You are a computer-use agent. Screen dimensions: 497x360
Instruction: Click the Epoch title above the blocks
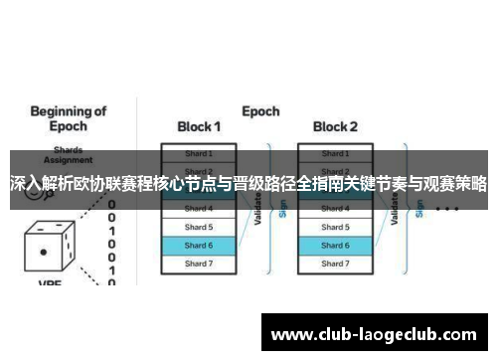coord(261,110)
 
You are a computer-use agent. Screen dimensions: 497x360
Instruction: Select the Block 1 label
coord(199,127)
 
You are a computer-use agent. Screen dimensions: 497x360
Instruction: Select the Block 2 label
coord(335,127)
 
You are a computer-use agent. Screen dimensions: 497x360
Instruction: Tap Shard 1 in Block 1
coord(199,153)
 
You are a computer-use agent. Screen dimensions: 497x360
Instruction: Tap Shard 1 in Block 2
coord(335,153)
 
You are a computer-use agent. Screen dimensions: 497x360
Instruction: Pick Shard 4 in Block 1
coord(199,209)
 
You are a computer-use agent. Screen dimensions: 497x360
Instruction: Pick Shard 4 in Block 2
coord(335,209)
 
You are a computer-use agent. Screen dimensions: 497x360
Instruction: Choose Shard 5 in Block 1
coord(199,227)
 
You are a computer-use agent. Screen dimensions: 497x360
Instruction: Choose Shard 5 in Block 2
coord(335,227)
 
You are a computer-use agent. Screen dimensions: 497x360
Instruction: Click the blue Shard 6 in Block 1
coord(199,245)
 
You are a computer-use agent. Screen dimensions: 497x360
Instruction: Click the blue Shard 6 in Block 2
coord(335,245)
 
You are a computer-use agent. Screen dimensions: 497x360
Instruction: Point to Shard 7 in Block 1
coord(199,264)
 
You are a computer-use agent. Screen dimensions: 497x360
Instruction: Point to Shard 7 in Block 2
coord(335,264)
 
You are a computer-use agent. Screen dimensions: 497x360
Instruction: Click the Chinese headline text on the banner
coord(248,184)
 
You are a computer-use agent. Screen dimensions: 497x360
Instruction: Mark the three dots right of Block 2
coord(446,210)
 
